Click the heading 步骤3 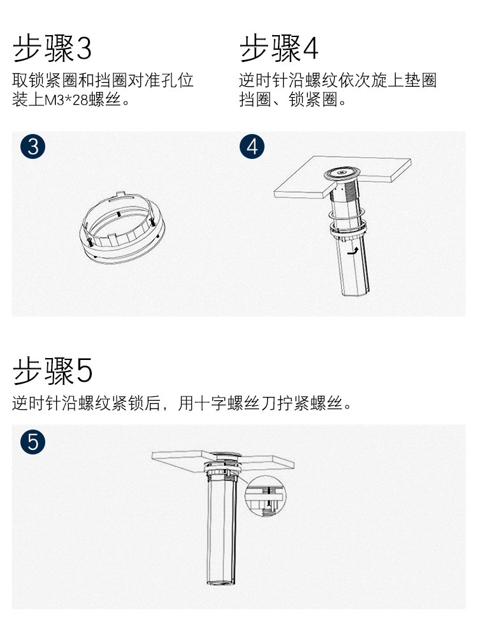point(52,48)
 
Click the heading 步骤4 point(279,48)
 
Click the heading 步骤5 point(52,370)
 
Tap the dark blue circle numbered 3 point(33,147)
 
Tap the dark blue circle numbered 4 point(252,147)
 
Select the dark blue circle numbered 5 point(33,442)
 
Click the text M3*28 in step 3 point(66,100)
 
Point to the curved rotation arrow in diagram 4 point(354,251)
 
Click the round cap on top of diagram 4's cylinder point(342,174)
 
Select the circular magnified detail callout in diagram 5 point(266,497)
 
